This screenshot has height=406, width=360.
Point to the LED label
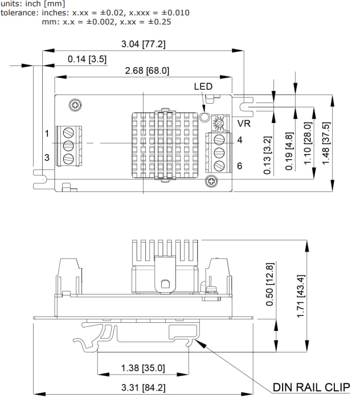203,87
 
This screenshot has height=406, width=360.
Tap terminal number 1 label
47,133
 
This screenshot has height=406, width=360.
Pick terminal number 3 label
47,157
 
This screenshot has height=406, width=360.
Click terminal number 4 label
240,140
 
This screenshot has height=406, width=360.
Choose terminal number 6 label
240,166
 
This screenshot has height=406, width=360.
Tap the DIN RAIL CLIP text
310,388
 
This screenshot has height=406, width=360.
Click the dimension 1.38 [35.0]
143,368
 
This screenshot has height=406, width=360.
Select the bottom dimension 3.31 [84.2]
143,388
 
